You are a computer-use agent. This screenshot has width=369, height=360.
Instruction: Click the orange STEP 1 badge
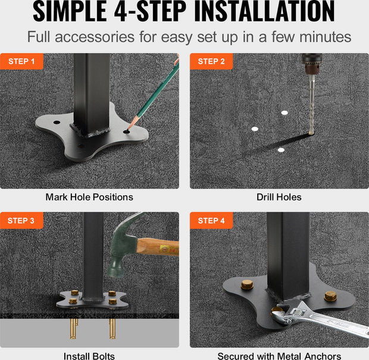point(21,61)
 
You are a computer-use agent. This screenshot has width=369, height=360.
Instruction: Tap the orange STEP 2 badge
point(211,61)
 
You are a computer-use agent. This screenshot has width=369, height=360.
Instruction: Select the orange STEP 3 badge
point(21,221)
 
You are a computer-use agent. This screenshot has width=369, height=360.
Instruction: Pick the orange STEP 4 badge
point(211,221)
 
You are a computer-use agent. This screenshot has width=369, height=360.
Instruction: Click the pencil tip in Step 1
point(128,131)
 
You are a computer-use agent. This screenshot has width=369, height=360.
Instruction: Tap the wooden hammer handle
point(158,247)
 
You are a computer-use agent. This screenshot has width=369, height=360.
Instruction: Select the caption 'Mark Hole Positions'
point(89,197)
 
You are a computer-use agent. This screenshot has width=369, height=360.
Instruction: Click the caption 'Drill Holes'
point(279,197)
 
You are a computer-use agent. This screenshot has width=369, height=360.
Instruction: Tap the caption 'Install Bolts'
point(89,356)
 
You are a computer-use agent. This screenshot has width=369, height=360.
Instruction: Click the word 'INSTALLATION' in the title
point(264,11)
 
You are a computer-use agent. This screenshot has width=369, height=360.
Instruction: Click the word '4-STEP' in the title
point(150,11)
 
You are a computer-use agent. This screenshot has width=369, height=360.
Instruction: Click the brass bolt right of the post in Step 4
point(330,296)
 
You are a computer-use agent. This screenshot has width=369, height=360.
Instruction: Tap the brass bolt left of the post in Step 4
point(247,284)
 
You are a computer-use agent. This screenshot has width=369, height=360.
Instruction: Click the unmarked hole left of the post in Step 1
point(57,123)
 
